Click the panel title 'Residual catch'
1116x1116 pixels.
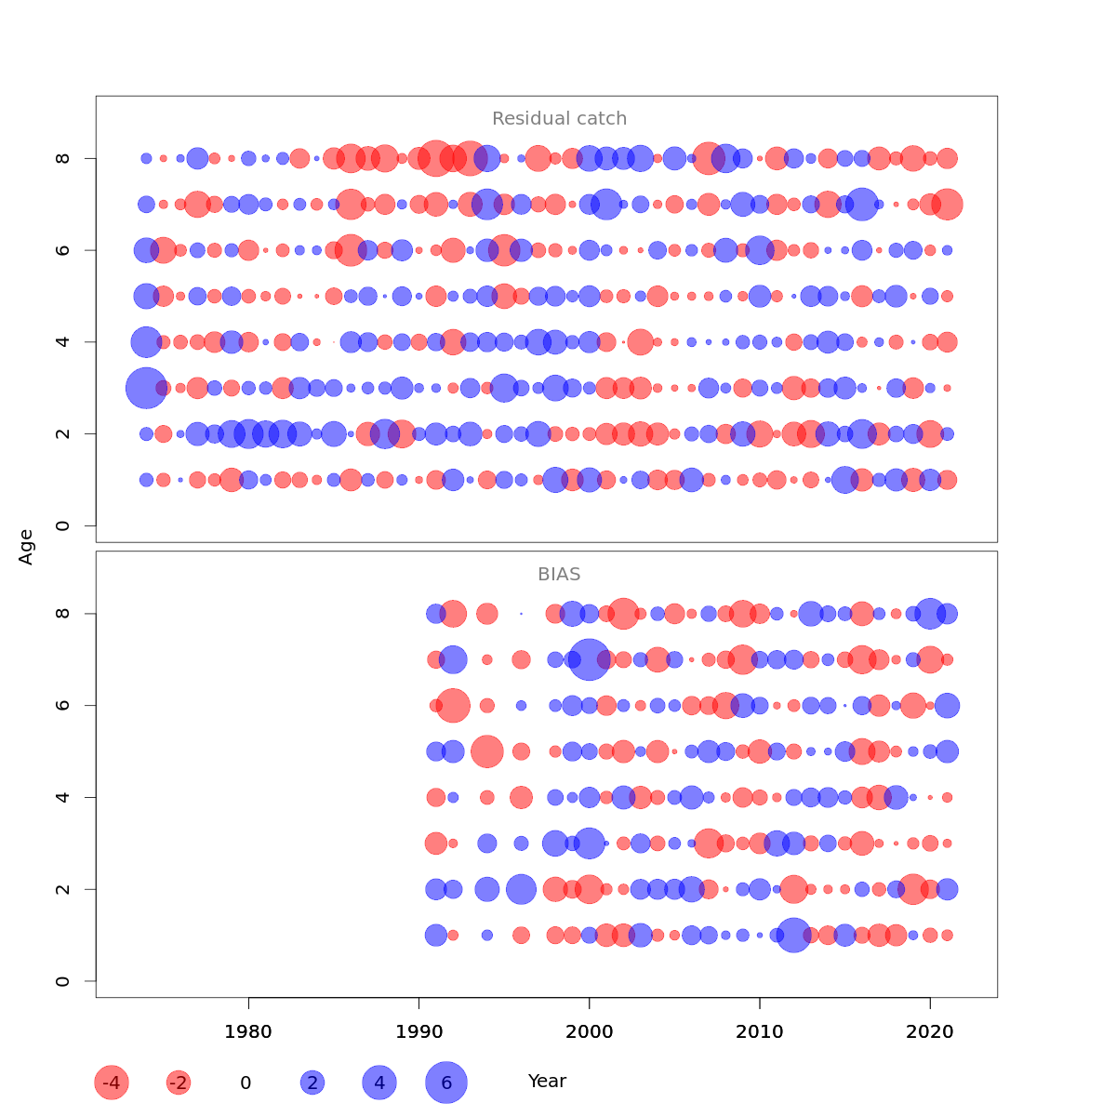[x=559, y=119]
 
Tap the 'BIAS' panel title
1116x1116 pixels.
[x=559, y=575]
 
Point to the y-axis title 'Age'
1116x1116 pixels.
[x=26, y=547]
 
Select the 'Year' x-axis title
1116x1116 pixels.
[x=547, y=1082]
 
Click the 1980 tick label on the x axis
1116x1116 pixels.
[x=248, y=1031]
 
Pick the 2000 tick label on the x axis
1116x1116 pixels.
[x=590, y=1031]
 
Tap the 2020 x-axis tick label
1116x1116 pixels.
[x=930, y=1031]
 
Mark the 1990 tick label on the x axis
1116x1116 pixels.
[x=418, y=1031]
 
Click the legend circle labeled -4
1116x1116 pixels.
[x=112, y=1083]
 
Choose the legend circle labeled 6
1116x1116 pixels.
[x=446, y=1083]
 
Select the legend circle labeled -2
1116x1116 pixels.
[x=179, y=1083]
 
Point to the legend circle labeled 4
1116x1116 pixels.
[x=379, y=1083]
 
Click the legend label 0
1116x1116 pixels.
[x=246, y=1083]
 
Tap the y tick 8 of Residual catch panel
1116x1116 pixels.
[x=62, y=158]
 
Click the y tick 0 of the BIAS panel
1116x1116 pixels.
[x=62, y=981]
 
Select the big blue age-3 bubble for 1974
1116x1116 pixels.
[x=146, y=388]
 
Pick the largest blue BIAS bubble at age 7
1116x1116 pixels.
[x=590, y=659]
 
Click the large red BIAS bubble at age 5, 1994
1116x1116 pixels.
[x=487, y=751]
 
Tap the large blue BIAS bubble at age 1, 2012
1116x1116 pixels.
[x=793, y=935]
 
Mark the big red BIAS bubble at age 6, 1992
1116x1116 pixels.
[x=453, y=705]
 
